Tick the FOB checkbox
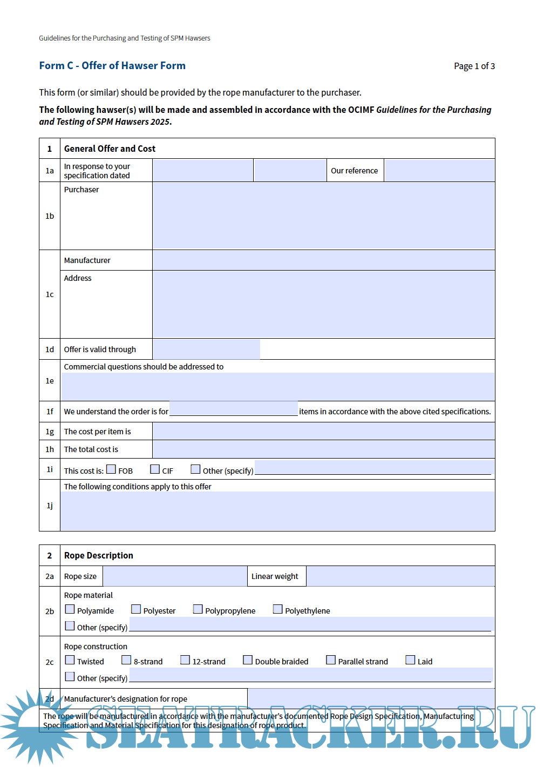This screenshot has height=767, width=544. pos(111,469)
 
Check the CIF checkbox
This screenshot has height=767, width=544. pos(155,469)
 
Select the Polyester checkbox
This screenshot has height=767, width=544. pos(136,609)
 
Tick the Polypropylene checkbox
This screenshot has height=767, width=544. pos(198,609)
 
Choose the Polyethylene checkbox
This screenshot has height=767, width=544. pos(278,609)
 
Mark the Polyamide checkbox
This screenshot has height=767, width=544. pos(70,609)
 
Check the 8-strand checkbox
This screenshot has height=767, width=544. pos(127,660)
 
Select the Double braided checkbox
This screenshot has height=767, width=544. pos(248,660)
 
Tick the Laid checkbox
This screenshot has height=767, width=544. pos(411,660)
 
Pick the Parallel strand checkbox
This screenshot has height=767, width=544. pos(331,660)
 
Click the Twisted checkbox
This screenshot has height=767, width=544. pos(70,660)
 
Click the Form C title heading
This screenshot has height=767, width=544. pos(112,66)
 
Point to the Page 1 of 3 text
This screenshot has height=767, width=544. pos(474,66)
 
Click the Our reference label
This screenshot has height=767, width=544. pos(354,171)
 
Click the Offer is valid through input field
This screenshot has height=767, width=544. pos(206,349)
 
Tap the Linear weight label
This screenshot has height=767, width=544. pos(275,576)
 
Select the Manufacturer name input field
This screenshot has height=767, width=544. pos(323,260)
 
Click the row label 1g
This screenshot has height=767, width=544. pos(50,432)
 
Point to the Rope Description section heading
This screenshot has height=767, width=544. pos(98,555)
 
